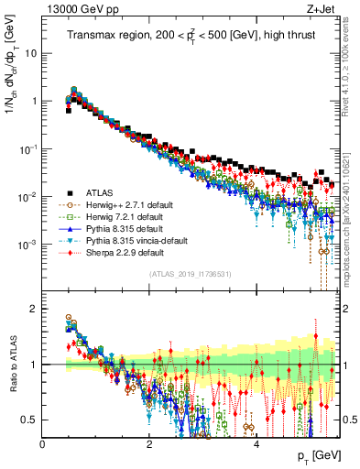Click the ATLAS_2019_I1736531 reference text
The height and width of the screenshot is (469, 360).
pos(190,273)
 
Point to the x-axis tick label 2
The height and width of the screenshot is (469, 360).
pos(149,444)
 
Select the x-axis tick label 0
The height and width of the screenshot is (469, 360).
pos(43,444)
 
